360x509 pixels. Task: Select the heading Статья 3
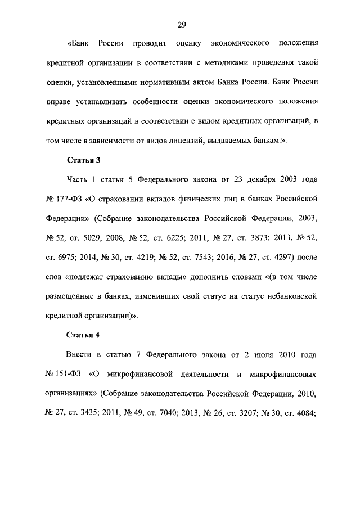pyautogui.click(x=83, y=160)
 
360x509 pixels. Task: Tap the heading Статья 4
pyautogui.click(x=83, y=336)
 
